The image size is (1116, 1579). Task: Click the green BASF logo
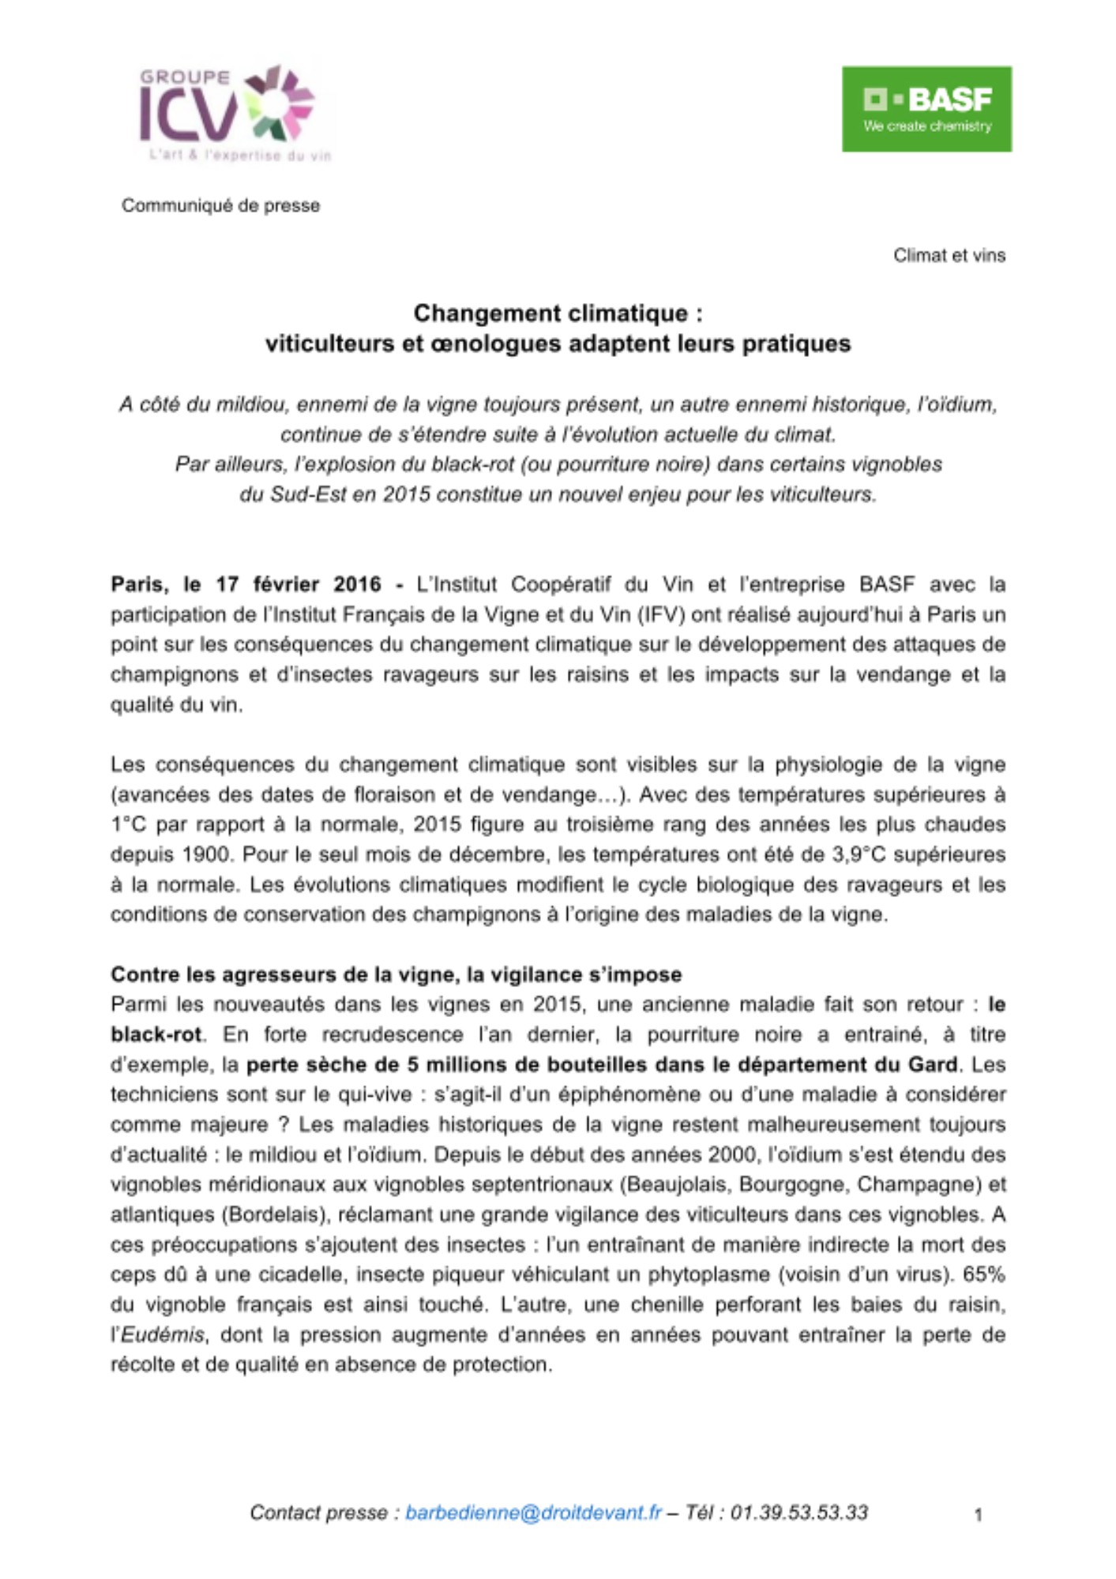(926, 109)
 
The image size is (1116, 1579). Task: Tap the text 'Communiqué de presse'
(220, 205)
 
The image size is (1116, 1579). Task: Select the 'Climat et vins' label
(949, 256)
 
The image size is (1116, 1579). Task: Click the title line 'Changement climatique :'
(558, 313)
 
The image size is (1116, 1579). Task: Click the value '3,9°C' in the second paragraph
(859, 854)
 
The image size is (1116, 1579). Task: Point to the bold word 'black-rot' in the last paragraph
(156, 1034)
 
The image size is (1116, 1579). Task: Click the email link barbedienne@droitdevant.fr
(533, 1512)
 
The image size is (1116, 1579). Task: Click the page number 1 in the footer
(978, 1514)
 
